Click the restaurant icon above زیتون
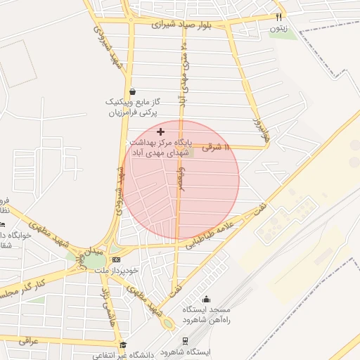pos(279,16)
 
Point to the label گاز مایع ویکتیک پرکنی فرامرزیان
pos(133,107)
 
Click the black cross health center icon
pos(161,131)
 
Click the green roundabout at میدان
pos(93,261)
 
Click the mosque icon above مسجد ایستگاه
pos(206,298)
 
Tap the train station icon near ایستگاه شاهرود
pos(185,341)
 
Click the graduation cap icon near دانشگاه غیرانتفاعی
pos(124,345)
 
